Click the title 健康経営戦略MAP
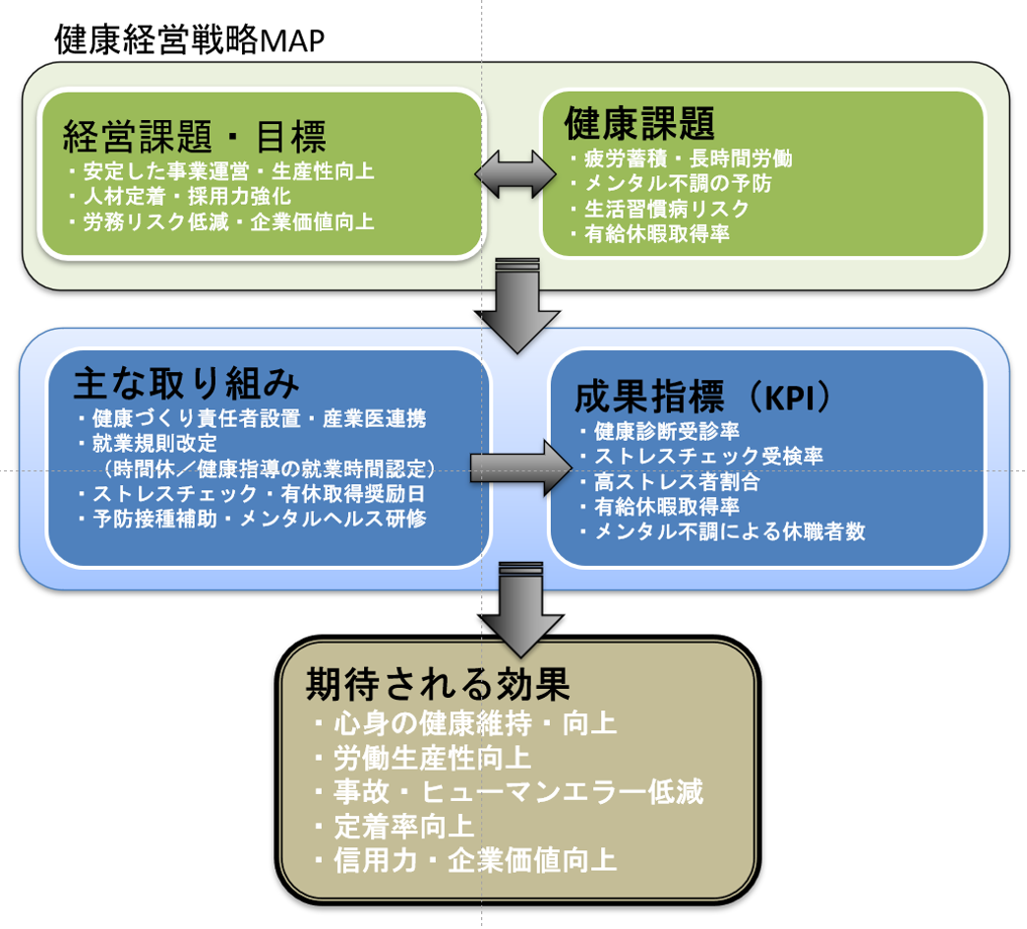190,40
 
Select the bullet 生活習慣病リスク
661,209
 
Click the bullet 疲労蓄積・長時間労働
681,157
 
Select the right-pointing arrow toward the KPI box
520,467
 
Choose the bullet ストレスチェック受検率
701,457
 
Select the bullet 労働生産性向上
426,758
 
